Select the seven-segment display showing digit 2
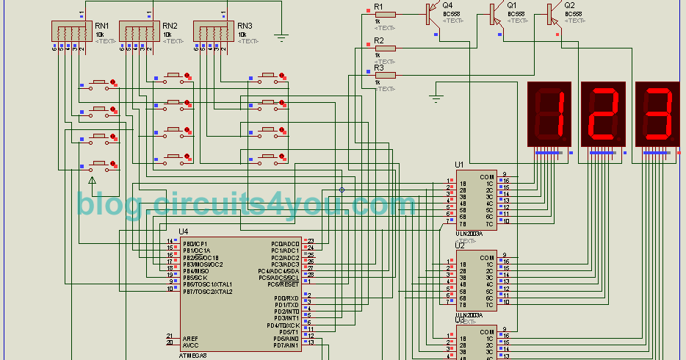point(604,113)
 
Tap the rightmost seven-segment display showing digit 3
point(657,113)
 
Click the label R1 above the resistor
point(379,7)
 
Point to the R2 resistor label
point(379,40)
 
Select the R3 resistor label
point(379,68)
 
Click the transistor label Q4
point(447,5)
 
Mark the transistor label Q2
point(569,5)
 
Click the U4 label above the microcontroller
point(183,232)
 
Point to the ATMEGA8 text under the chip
point(193,356)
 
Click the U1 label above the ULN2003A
point(459,165)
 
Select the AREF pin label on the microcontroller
point(189,337)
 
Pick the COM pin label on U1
point(486,177)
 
